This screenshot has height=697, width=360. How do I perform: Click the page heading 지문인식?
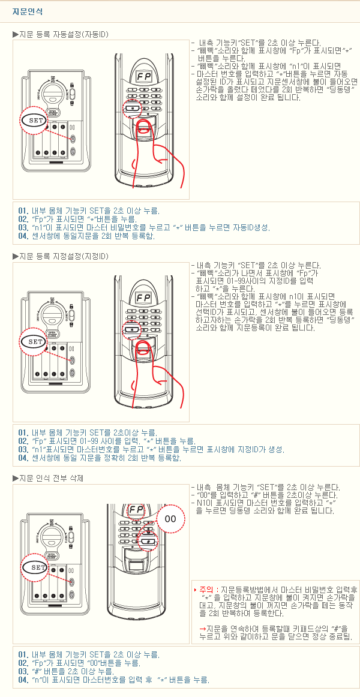pos(28,12)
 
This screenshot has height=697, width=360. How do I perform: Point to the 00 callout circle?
pos(170,519)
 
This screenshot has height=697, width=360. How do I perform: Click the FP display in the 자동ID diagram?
pos(143,76)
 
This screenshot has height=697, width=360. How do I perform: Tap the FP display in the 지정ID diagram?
pos(143,297)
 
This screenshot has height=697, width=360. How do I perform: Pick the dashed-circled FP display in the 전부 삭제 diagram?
pos(136,510)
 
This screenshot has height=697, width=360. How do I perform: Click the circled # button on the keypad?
pos(148,541)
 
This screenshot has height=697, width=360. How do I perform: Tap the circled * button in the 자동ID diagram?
pos(133,108)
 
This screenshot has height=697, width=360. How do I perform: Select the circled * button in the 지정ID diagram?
pos(133,329)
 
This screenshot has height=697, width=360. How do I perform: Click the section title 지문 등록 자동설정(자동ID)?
pos(64,34)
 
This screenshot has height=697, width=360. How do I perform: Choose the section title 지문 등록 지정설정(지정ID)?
pos(64,257)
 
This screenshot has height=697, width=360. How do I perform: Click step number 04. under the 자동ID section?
pos(23,236)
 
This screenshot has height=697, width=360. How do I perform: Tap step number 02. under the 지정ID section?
pos(23,441)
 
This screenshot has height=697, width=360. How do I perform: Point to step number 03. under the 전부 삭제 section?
pos(23,671)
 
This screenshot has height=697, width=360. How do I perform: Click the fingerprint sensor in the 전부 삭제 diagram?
pos(136,566)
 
